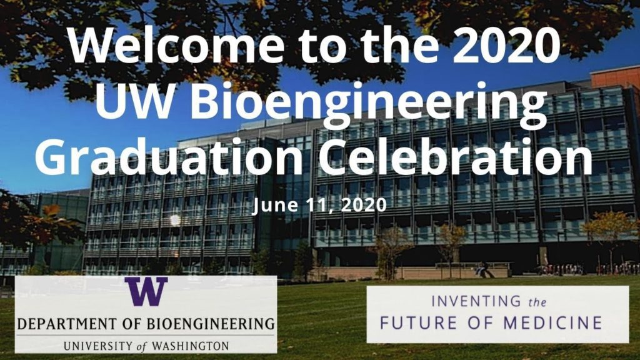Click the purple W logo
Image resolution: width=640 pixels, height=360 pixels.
point(146,293)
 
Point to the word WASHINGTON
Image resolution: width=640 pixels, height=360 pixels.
point(188,346)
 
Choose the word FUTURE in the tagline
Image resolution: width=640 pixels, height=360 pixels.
point(416,323)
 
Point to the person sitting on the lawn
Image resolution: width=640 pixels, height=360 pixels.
point(482,270)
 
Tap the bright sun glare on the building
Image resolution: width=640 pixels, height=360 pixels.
point(175,220)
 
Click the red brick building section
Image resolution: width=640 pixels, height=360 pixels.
point(615,78)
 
